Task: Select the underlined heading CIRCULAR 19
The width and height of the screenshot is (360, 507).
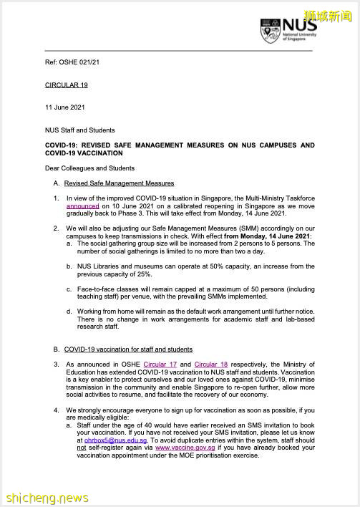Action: [66, 84]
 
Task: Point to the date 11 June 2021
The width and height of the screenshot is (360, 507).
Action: [64, 107]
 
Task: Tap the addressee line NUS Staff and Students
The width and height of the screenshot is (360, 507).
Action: [79, 130]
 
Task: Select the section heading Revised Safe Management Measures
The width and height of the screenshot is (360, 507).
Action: [119, 183]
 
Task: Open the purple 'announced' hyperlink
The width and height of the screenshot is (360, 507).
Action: [82, 206]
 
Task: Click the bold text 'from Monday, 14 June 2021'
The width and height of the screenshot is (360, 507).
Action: [268, 236]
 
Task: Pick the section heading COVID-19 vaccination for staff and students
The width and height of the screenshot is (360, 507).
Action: [128, 349]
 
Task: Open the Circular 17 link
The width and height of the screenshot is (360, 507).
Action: [160, 364]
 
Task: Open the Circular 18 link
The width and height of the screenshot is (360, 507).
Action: [211, 364]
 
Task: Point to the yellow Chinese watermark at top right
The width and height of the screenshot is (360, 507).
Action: [330, 14]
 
